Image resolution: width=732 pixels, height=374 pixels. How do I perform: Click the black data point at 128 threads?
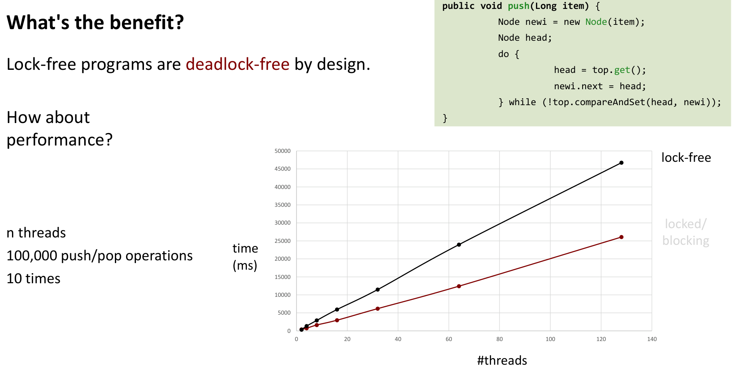pyautogui.click(x=621, y=163)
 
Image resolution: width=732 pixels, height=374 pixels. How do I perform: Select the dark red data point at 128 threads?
pyautogui.click(x=621, y=237)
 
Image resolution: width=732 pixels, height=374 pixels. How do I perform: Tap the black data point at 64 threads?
pyautogui.click(x=459, y=245)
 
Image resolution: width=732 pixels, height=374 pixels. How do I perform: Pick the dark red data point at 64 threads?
pyautogui.click(x=459, y=286)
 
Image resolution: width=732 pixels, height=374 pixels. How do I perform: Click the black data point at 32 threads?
pyautogui.click(x=378, y=290)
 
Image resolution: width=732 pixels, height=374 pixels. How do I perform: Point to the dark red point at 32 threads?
pyautogui.click(x=378, y=309)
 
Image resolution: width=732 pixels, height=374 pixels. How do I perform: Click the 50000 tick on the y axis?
pyautogui.click(x=283, y=151)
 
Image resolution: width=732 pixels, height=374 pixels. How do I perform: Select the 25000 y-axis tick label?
pyautogui.click(x=283, y=241)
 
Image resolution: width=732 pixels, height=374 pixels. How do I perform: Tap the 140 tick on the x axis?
pyautogui.click(x=652, y=339)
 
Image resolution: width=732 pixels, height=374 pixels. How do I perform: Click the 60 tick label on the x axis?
pyautogui.click(x=449, y=339)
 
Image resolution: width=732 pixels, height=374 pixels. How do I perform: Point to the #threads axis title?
pyautogui.click(x=502, y=360)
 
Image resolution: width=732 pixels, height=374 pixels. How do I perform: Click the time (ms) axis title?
pyautogui.click(x=245, y=257)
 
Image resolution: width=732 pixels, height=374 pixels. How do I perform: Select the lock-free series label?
pyautogui.click(x=686, y=158)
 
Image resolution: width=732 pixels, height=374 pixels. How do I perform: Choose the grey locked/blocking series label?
pyautogui.click(x=686, y=232)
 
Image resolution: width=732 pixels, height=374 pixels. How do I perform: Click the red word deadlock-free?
pyautogui.click(x=238, y=64)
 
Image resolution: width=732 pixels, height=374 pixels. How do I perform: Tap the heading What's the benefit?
pyautogui.click(x=95, y=22)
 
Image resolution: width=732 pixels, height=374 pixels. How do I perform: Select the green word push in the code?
pyautogui.click(x=519, y=6)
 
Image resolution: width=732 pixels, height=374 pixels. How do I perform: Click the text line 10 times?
pyautogui.click(x=33, y=279)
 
